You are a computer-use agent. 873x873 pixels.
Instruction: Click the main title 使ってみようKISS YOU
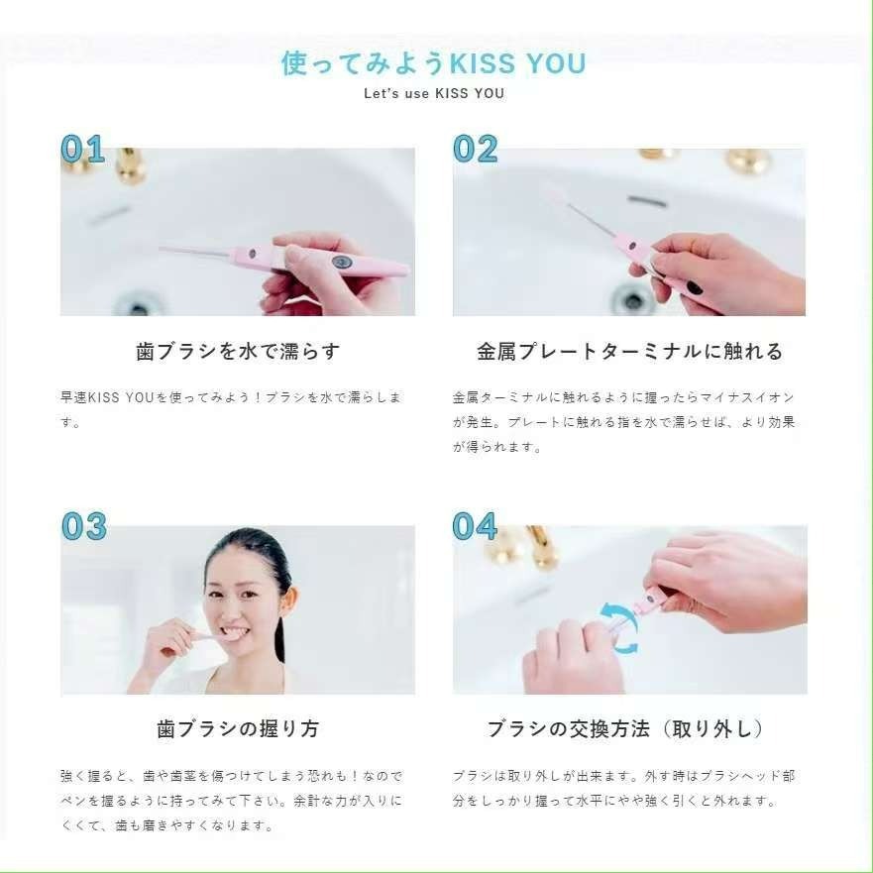coord(434,63)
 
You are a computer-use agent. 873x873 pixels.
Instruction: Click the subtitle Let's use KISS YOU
coord(434,94)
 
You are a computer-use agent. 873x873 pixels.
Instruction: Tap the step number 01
coord(82,149)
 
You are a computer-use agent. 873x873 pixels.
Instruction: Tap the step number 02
coord(475,149)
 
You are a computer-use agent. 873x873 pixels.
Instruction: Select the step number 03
coord(83,526)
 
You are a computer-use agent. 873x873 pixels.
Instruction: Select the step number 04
coord(475,526)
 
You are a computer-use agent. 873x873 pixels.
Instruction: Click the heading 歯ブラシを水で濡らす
coord(238,352)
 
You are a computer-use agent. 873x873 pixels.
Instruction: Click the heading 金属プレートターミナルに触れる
coord(629,352)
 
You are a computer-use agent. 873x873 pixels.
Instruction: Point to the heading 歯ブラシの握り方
coord(238,729)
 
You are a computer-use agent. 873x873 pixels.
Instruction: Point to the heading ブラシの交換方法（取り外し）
coord(626,729)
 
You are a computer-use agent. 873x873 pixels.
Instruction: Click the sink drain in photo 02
coord(631,297)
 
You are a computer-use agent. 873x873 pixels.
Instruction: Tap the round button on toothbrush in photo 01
coord(342,263)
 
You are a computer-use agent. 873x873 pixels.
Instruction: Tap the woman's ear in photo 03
coord(289,601)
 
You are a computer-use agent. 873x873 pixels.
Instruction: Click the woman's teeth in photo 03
coord(232,631)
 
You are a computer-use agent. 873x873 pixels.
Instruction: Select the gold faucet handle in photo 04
coord(540,547)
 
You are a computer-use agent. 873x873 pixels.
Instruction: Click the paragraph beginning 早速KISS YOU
coord(231,409)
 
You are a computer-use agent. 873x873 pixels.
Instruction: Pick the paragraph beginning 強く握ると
coord(231,800)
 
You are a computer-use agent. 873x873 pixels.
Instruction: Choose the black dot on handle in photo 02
coord(695,288)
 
